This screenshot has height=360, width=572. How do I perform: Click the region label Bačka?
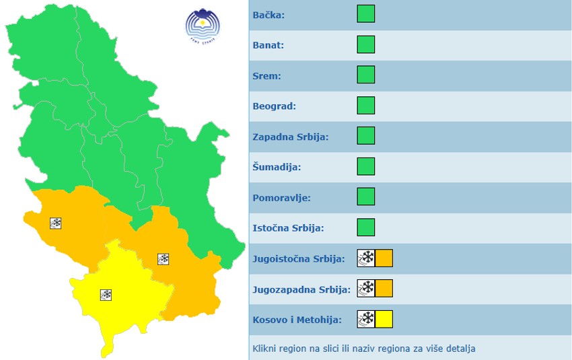pyautogui.click(x=269, y=15)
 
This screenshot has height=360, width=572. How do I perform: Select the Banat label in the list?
pyautogui.click(x=268, y=45)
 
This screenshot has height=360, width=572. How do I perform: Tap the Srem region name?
pyautogui.click(x=266, y=76)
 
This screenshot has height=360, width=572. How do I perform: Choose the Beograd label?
pyautogui.click(x=274, y=106)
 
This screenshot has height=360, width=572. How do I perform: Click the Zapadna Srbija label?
pyautogui.click(x=290, y=137)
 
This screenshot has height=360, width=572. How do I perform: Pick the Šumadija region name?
pyautogui.click(x=277, y=167)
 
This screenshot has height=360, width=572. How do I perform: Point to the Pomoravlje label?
pyautogui.click(x=281, y=198)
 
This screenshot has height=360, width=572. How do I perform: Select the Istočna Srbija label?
pyautogui.click(x=288, y=228)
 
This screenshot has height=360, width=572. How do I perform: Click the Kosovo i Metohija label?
pyautogui.click(x=297, y=320)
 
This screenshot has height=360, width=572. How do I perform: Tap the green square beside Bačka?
pyautogui.click(x=365, y=14)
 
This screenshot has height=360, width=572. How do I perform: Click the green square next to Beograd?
pyautogui.click(x=365, y=106)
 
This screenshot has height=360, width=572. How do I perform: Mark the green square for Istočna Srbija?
pyautogui.click(x=365, y=227)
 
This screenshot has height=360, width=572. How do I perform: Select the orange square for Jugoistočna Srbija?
pyautogui.click(x=384, y=258)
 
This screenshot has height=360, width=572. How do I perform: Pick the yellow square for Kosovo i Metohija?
pyautogui.click(x=384, y=319)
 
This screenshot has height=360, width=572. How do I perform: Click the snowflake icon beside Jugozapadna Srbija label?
pyautogui.click(x=366, y=289)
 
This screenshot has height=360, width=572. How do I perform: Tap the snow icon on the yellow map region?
pyautogui.click(x=106, y=295)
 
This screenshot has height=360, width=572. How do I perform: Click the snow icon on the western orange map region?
pyautogui.click(x=56, y=223)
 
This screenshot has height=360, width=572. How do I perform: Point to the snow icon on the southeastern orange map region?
pyautogui.click(x=163, y=258)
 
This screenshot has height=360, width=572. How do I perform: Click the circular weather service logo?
pyautogui.click(x=203, y=26)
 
